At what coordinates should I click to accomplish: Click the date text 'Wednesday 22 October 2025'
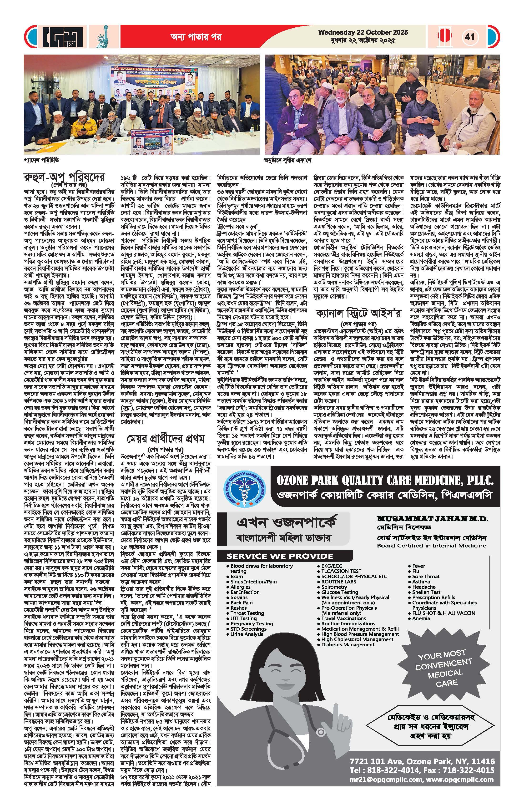(363, 33)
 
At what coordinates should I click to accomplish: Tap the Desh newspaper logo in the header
(63, 36)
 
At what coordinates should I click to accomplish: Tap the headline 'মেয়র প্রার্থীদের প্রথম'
(166, 439)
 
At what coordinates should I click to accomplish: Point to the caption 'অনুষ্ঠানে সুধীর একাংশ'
(288, 160)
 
